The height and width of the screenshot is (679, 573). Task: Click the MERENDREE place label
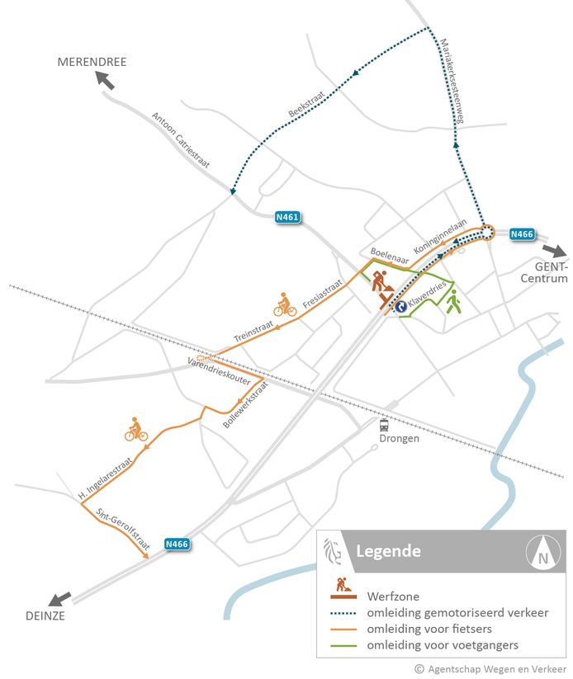pyautogui.click(x=92, y=62)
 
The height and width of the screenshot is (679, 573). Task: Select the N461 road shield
pyautogui.click(x=286, y=218)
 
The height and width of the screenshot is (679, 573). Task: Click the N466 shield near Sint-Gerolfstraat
pyautogui.click(x=178, y=544)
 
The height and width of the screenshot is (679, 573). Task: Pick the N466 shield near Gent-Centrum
pyautogui.click(x=521, y=234)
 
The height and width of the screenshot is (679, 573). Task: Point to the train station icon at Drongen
pyautogui.click(x=384, y=425)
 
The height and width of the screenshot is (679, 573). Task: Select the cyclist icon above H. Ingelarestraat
pyautogui.click(x=135, y=430)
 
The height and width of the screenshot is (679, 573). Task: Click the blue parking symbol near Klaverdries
pyautogui.click(x=400, y=305)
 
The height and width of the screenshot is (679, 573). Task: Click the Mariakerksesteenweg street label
pyautogui.click(x=454, y=83)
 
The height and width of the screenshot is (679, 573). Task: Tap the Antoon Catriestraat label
pyautogui.click(x=181, y=140)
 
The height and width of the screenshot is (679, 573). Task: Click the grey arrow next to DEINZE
pyautogui.click(x=59, y=598)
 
